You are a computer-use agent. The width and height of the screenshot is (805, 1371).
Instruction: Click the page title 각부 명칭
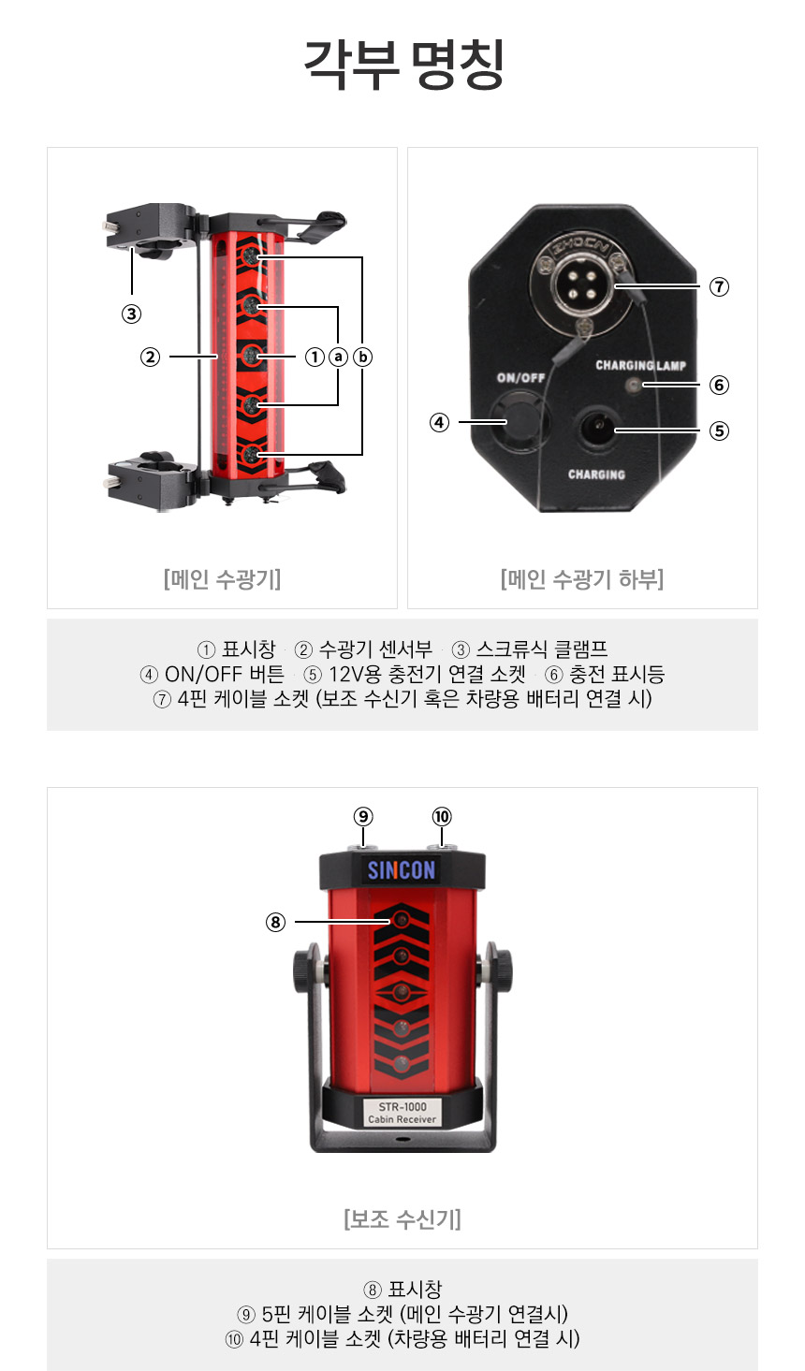(403, 65)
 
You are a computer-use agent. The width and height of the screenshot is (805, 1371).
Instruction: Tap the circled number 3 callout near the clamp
(131, 314)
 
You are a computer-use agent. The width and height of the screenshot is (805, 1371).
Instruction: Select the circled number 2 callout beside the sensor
(150, 357)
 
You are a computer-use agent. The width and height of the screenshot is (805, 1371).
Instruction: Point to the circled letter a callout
(338, 357)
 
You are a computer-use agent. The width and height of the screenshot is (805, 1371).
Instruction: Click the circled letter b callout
(362, 357)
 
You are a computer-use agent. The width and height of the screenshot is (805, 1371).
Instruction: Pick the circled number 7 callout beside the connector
(719, 286)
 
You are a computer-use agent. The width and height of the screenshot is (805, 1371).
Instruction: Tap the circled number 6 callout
(719, 385)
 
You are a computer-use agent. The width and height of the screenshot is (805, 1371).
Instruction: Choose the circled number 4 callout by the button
(439, 422)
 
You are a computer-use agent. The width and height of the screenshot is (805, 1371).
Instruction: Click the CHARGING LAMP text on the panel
(641, 365)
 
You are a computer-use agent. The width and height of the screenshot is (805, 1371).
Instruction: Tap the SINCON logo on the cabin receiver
(401, 869)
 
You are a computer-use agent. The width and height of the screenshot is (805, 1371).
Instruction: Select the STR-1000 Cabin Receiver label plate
(402, 1113)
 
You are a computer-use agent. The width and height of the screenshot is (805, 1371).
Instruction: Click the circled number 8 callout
(275, 922)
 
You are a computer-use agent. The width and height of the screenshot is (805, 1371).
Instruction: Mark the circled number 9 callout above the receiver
(363, 816)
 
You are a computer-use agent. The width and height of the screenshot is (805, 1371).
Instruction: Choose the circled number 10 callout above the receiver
(442, 816)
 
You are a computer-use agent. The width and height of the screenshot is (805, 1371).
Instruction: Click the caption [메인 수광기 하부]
(582, 579)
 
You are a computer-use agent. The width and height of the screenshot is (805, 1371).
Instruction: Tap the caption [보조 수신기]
(402, 1218)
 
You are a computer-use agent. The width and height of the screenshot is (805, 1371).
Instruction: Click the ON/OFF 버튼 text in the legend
(225, 674)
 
